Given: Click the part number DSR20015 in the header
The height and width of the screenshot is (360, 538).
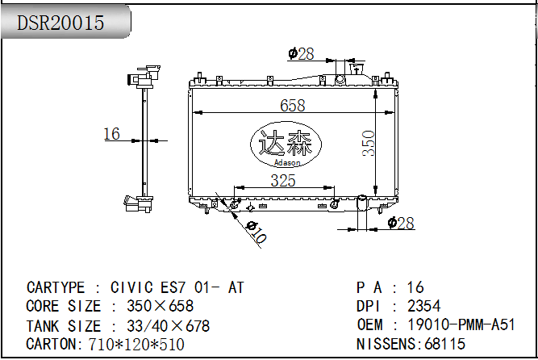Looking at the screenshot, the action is pyautogui.click(x=60, y=23).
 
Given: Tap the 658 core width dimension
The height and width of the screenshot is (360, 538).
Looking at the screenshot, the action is pyautogui.click(x=292, y=105).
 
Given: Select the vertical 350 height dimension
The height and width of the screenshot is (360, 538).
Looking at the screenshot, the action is pyautogui.click(x=369, y=143).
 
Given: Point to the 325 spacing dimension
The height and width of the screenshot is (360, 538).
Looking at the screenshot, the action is pyautogui.click(x=283, y=181).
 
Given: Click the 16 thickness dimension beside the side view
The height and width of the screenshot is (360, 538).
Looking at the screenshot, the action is pyautogui.click(x=112, y=134).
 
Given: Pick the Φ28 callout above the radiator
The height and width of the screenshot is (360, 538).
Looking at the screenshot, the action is pyautogui.click(x=301, y=54).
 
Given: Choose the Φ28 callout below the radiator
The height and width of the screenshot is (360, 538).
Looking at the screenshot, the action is pyautogui.click(x=401, y=224).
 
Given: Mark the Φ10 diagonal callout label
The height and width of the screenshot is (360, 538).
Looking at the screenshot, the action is pyautogui.click(x=256, y=232).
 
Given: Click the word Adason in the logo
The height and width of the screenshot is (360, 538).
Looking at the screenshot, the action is pyautogui.click(x=287, y=162).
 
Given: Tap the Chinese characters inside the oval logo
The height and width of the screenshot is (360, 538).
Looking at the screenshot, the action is pyautogui.click(x=285, y=143).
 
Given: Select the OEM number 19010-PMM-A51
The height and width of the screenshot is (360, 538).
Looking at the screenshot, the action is pyautogui.click(x=461, y=324).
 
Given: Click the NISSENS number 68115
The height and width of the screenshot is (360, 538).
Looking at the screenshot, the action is pyautogui.click(x=445, y=344).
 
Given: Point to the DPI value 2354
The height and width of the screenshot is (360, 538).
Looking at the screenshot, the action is pyautogui.click(x=424, y=306).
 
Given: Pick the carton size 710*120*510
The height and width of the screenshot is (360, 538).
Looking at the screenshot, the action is pyautogui.click(x=136, y=344).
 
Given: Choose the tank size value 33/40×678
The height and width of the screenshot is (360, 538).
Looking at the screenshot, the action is pyautogui.click(x=168, y=326).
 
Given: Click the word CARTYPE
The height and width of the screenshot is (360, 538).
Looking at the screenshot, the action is pyautogui.click(x=56, y=287).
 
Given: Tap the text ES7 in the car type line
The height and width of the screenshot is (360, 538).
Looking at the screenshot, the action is pyautogui.click(x=173, y=287).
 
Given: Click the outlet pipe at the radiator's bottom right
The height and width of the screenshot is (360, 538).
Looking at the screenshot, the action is pyautogui.click(x=362, y=203).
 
